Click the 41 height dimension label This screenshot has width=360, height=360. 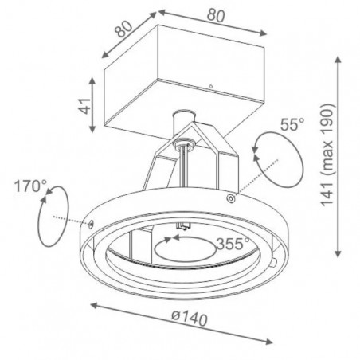(86, 106)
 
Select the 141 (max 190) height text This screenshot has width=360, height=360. (327, 155)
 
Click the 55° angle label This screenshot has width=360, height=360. (292, 124)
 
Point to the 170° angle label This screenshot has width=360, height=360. (30, 186)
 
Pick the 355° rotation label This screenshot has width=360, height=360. (233, 244)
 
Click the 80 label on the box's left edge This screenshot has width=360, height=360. (123, 29)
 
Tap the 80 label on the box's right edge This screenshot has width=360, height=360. (216, 15)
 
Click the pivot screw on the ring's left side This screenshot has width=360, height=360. (91, 224)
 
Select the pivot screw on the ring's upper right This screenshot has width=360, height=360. (231, 198)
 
